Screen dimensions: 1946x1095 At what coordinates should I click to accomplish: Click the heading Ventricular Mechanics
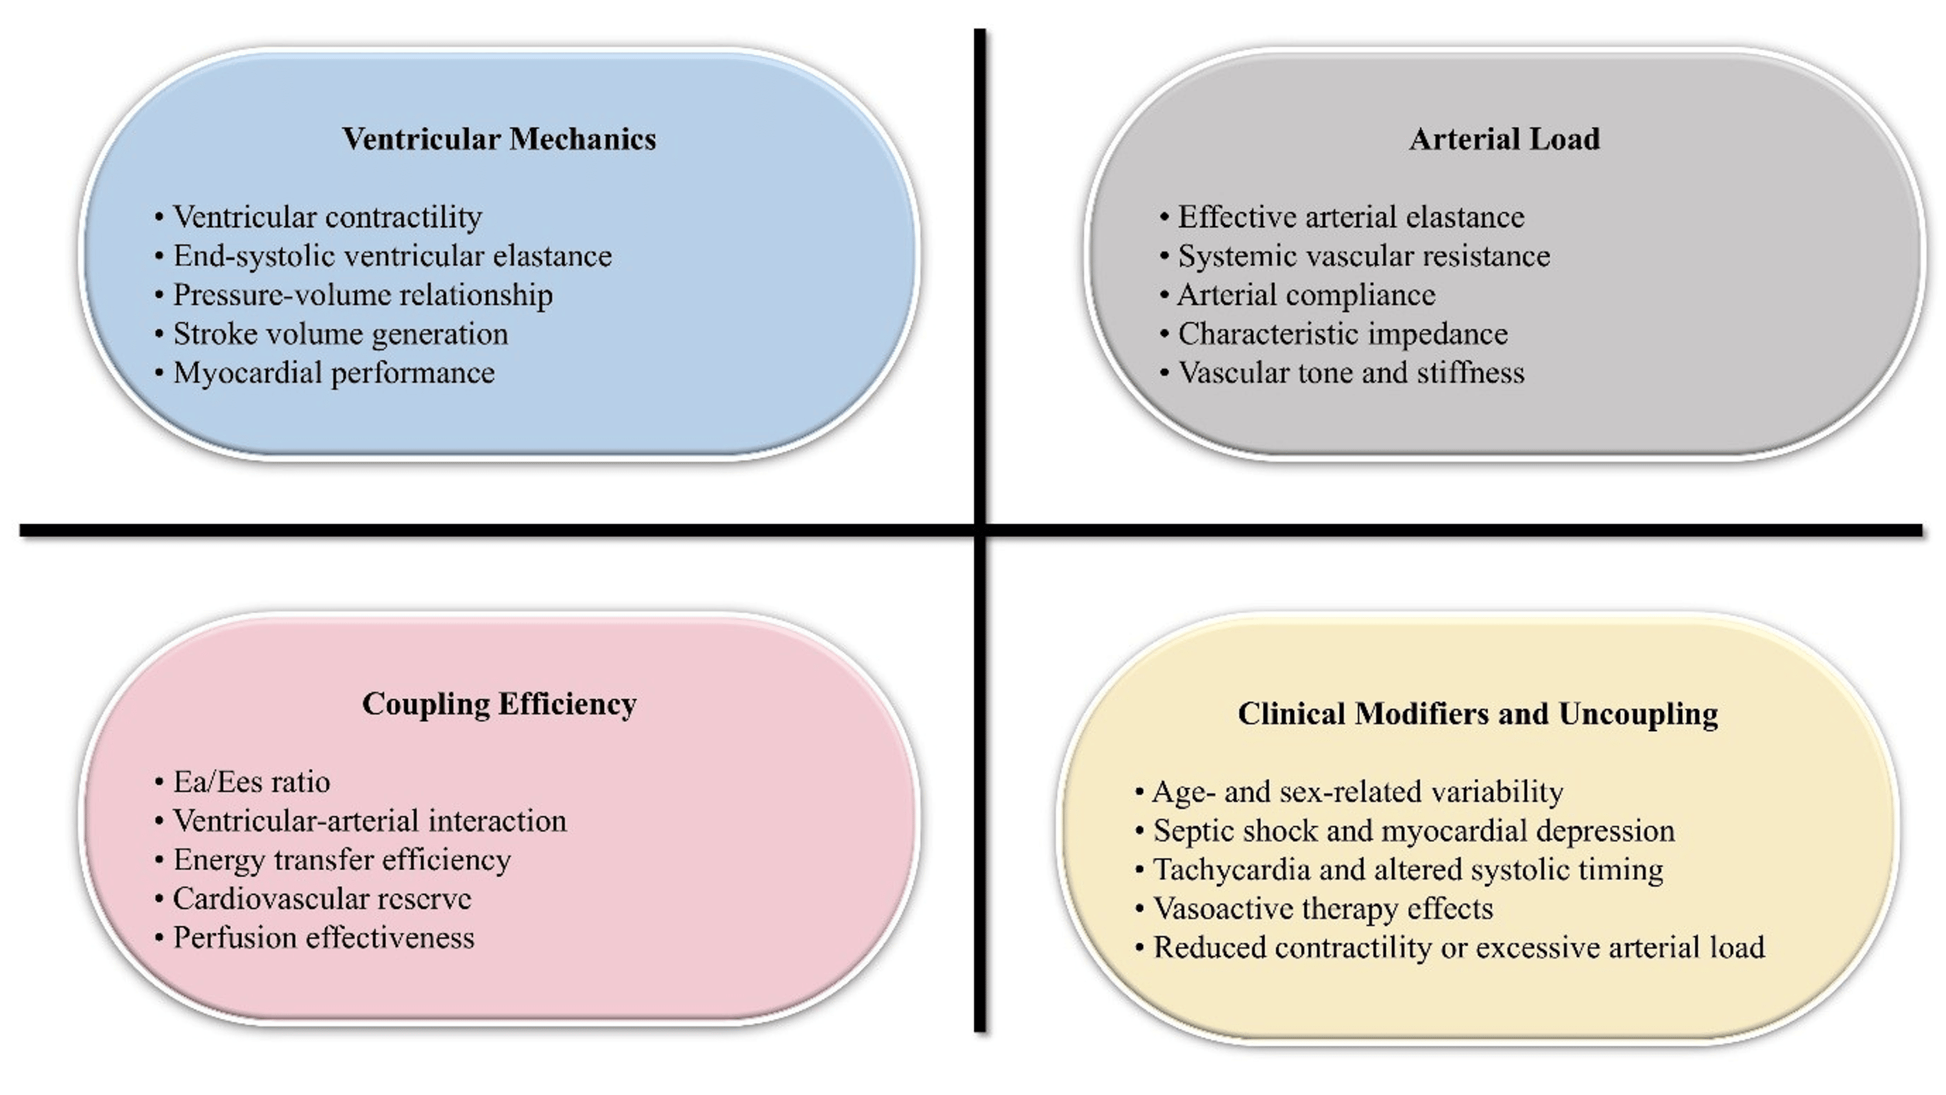[499, 139]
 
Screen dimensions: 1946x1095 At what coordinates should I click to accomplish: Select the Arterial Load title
[1504, 139]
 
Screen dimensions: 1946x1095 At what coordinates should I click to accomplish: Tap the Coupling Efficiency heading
[499, 704]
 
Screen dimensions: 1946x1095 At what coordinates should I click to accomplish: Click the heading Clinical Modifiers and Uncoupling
[1478, 714]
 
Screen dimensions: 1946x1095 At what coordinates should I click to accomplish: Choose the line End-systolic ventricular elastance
[392, 256]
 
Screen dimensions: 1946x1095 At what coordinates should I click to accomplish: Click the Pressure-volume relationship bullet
[363, 295]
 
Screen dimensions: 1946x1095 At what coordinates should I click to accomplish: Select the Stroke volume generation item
[341, 334]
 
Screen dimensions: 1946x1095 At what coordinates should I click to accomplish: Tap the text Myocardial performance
[334, 373]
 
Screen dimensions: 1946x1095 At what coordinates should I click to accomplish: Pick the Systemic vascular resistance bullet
[1363, 256]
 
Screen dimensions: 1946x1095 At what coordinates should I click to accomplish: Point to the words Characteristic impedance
[1342, 334]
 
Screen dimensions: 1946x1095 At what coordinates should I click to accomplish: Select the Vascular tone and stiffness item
[1351, 373]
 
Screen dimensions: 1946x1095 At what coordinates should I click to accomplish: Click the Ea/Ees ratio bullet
[252, 782]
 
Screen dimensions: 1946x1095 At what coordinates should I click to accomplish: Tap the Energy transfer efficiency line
[341, 860]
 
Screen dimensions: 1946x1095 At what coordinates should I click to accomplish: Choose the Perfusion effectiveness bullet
[323, 938]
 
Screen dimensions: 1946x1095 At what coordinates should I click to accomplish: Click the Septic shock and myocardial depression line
[1413, 831]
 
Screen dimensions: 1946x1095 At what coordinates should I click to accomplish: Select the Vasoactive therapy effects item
[1323, 908]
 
